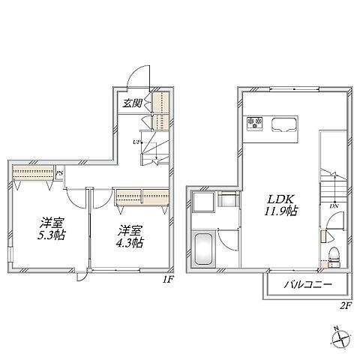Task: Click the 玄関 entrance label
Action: pos(132,103)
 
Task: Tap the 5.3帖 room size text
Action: pos(52,235)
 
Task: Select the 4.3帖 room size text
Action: pos(130,242)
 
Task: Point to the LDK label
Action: pos(280,199)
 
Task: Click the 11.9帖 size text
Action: pos(280,211)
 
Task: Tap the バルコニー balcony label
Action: pos(308,284)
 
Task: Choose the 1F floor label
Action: pos(168,279)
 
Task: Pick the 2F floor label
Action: pos(346,305)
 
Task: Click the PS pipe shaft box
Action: pos(59,172)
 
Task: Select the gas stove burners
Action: pos(255,123)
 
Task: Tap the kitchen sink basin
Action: pos(285,124)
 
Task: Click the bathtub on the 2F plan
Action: pos(203,249)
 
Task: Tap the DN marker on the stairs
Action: pos(334,206)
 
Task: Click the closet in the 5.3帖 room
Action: pos(33,172)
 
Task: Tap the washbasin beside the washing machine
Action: pos(227,199)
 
